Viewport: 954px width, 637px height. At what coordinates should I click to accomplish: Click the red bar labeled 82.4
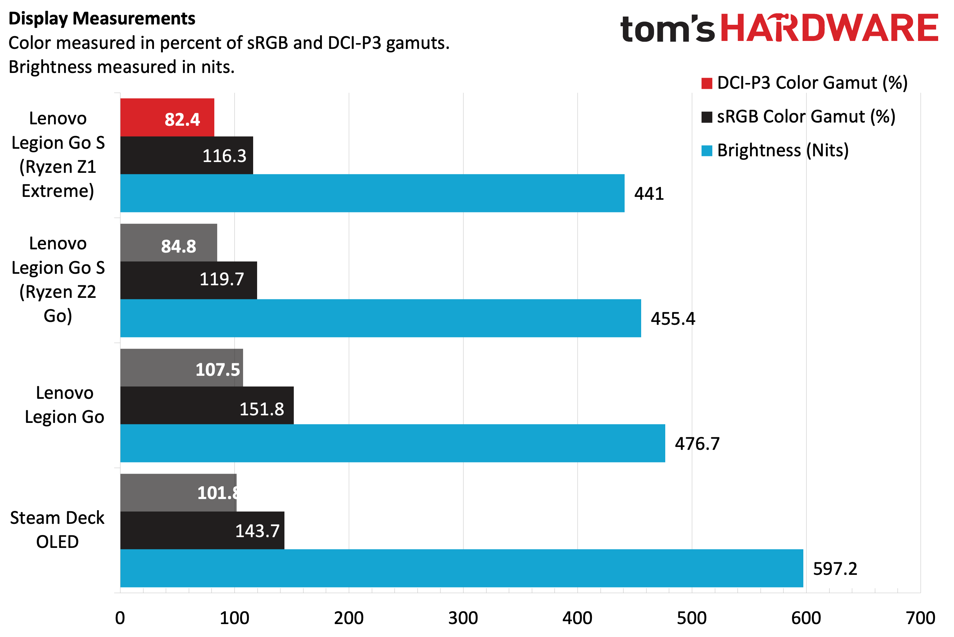[x=167, y=117]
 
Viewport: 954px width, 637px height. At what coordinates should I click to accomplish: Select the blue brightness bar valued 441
[x=372, y=193]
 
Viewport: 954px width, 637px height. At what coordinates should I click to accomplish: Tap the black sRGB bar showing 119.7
[x=188, y=280]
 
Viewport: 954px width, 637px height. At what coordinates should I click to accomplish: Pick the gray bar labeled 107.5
[x=181, y=368]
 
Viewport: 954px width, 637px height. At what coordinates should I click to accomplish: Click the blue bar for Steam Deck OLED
[x=462, y=568]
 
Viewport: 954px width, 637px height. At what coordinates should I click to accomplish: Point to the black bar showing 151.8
[x=206, y=405]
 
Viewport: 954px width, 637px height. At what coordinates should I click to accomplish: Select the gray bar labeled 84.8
[x=168, y=243]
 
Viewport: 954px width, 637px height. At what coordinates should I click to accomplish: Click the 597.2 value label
[x=835, y=569]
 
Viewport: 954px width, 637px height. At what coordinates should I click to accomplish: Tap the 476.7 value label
[x=697, y=444]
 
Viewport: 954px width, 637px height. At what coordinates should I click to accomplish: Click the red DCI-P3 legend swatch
[x=707, y=83]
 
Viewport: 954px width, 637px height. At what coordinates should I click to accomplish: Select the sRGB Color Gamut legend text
[x=806, y=117]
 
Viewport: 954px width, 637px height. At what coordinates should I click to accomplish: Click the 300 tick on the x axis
[x=463, y=618]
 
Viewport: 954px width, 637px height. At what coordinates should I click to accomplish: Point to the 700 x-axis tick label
[x=921, y=618]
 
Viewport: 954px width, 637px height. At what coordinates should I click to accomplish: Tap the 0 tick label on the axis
[x=120, y=618]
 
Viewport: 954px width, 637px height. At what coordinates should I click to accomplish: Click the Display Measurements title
[x=102, y=19]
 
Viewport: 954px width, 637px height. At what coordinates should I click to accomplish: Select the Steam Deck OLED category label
[x=57, y=530]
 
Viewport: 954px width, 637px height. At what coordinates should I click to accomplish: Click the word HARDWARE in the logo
[x=830, y=28]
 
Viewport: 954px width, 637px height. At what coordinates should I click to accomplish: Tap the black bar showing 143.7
[x=202, y=531]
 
